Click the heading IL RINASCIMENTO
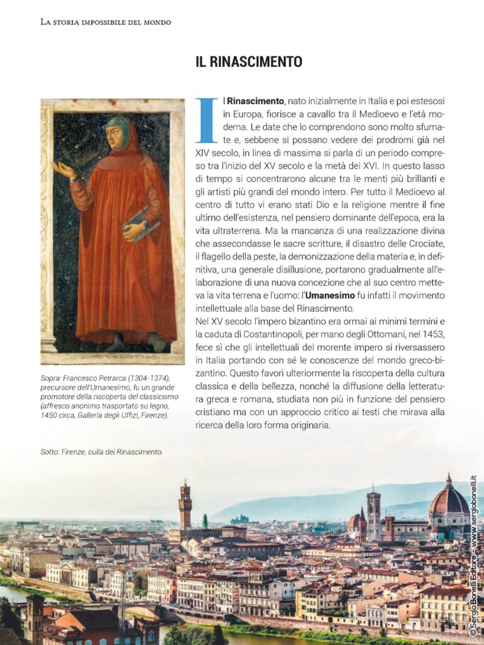pyautogui.click(x=249, y=62)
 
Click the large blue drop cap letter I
pyautogui.click(x=206, y=120)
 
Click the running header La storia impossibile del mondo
pyautogui.click(x=105, y=22)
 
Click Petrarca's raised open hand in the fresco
pyautogui.click(x=64, y=169)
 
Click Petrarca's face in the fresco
pyautogui.click(x=117, y=137)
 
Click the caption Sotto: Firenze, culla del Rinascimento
pyautogui.click(x=101, y=452)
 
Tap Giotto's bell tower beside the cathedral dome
pyautogui.click(x=374, y=513)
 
